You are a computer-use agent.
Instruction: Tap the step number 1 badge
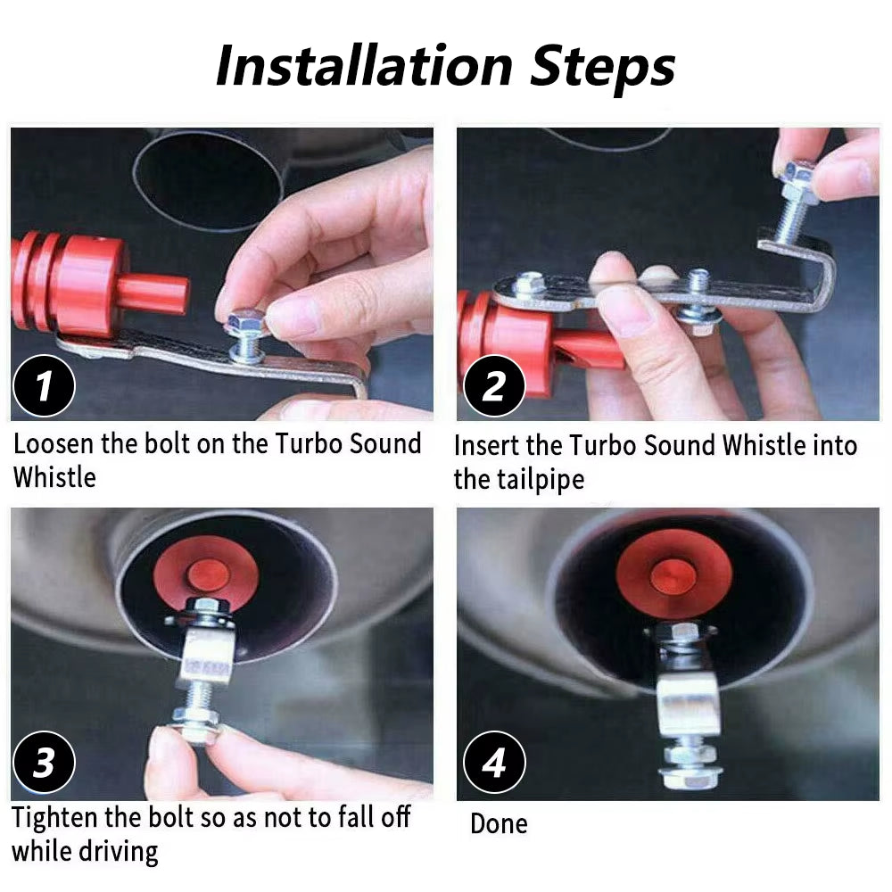coord(44,385)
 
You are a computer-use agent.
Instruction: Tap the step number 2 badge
coord(494,385)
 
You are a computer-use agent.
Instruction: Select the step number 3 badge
coord(44,764)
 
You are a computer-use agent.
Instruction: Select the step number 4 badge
coord(494,764)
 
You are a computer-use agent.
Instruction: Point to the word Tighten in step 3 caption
coord(62,817)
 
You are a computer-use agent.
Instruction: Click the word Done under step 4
coord(499,823)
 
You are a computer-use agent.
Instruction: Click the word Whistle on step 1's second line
coord(54,477)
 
